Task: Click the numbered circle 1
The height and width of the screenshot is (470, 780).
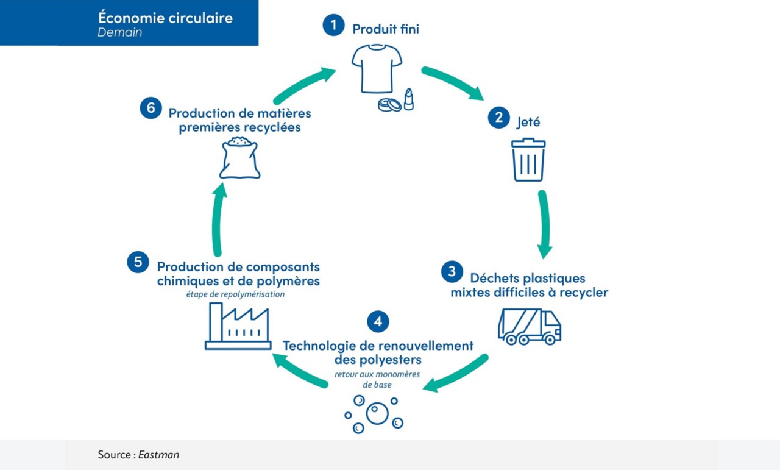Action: [x=333, y=25]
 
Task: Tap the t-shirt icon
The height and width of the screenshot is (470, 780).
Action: [x=377, y=69]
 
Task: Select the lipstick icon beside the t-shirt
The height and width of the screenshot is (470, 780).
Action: [x=409, y=99]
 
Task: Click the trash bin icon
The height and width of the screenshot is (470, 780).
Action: [x=528, y=160]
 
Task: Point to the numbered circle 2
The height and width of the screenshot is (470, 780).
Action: [x=498, y=118]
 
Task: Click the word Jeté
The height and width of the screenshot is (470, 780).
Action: [x=528, y=122]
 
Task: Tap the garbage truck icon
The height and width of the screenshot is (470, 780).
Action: [x=530, y=327]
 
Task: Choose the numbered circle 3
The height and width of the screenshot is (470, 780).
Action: [x=452, y=271]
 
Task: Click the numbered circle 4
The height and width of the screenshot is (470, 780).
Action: [x=378, y=321]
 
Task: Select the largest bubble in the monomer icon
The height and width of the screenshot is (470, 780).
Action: [x=377, y=413]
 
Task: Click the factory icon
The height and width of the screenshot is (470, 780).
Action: [x=238, y=326]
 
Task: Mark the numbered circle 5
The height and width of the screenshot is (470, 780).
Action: [x=138, y=262]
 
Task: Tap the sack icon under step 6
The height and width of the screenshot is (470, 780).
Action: [x=239, y=157]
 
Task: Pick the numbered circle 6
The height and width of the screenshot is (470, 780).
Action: [x=151, y=108]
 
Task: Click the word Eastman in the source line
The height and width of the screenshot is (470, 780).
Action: [x=158, y=455]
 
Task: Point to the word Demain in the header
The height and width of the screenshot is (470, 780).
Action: [x=120, y=32]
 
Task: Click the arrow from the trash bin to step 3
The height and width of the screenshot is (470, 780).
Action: [x=544, y=224]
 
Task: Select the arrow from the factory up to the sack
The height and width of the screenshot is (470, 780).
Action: [x=218, y=219]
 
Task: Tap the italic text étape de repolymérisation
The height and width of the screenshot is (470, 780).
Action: [x=235, y=294]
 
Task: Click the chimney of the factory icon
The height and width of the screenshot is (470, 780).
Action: [x=216, y=322]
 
